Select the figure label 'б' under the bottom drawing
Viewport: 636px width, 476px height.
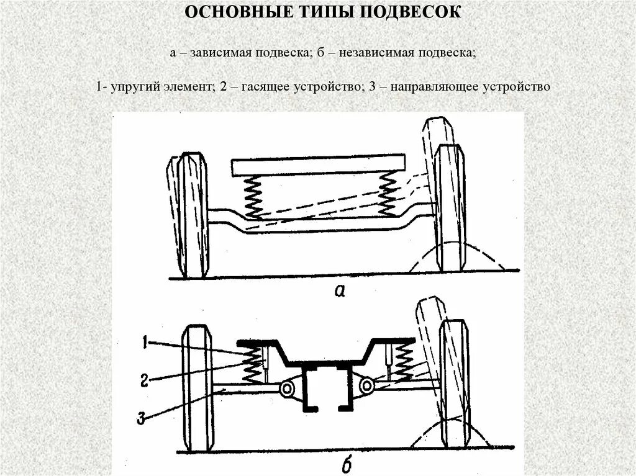pos(347,462)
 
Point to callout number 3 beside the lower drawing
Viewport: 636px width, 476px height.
pos(142,419)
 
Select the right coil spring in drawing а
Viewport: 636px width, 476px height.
pos(388,193)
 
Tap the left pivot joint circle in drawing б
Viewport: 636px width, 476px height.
pos(287,388)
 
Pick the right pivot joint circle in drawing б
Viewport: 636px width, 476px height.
pos(367,386)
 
